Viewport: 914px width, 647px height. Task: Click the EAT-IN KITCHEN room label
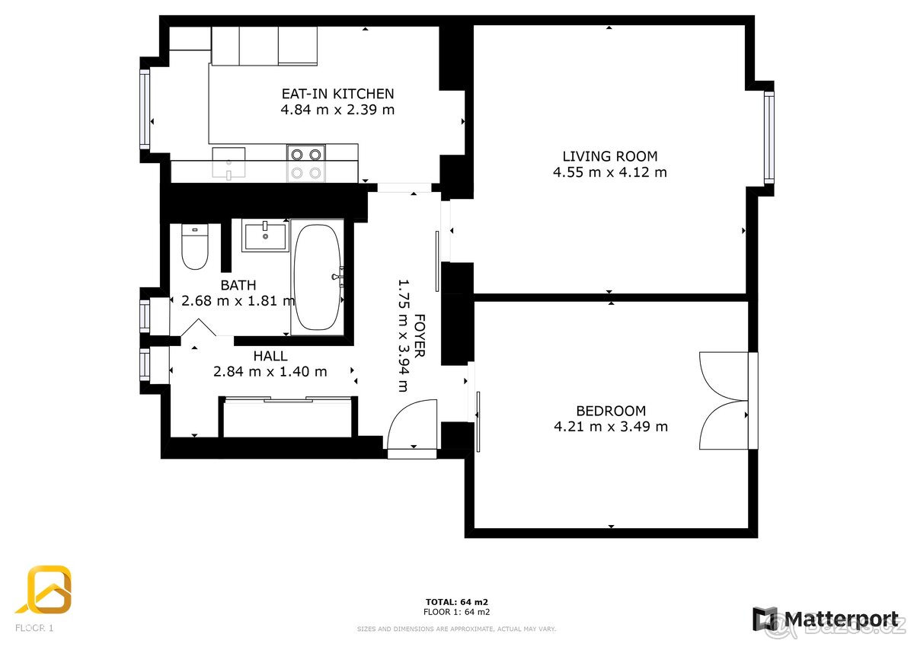(x=337, y=94)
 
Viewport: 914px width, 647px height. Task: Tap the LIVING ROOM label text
(x=609, y=156)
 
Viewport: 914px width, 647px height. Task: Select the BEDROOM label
(x=610, y=410)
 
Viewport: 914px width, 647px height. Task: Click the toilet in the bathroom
(x=196, y=248)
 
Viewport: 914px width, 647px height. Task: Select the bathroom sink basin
(x=264, y=235)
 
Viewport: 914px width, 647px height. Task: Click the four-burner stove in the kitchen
(x=305, y=163)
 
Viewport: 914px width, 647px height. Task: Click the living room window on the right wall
(x=769, y=137)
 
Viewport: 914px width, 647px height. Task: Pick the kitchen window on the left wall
(x=145, y=108)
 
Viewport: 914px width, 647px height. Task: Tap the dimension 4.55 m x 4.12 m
(x=609, y=172)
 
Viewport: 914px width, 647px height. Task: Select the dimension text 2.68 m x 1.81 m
(x=238, y=300)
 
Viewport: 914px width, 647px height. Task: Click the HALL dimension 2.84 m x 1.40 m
(x=270, y=372)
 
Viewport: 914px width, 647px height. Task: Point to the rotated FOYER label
(x=420, y=336)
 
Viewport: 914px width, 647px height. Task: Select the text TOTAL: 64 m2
(x=456, y=602)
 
